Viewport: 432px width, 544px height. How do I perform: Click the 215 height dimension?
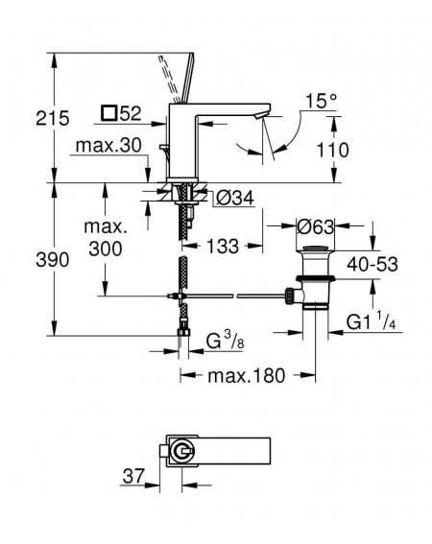pos(53,118)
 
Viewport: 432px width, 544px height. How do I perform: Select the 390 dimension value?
pos(53,260)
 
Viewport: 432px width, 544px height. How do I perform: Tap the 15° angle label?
pos(322,101)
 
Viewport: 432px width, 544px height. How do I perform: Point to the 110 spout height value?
pos(332,151)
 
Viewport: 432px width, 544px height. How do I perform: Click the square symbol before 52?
pos(109,113)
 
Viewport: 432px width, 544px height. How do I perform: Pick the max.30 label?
pos(108,146)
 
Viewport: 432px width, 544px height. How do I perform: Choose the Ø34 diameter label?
pos(235,198)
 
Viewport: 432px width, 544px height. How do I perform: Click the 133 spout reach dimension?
pos(223,247)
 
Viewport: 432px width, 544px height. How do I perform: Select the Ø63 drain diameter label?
pos(315,227)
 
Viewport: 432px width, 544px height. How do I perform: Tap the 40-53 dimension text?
pos(372,265)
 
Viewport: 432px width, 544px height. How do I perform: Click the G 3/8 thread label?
pos(225,340)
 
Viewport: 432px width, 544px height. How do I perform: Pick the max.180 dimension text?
pos(246,375)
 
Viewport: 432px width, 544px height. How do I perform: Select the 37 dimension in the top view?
pos(133,476)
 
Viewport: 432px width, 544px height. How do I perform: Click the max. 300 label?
pos(106,238)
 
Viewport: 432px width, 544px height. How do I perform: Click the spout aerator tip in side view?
pos(262,115)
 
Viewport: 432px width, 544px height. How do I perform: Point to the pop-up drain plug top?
pos(315,248)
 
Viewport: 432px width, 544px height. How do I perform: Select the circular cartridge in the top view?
pos(181,451)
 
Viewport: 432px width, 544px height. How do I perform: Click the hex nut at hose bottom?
pos(184,332)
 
